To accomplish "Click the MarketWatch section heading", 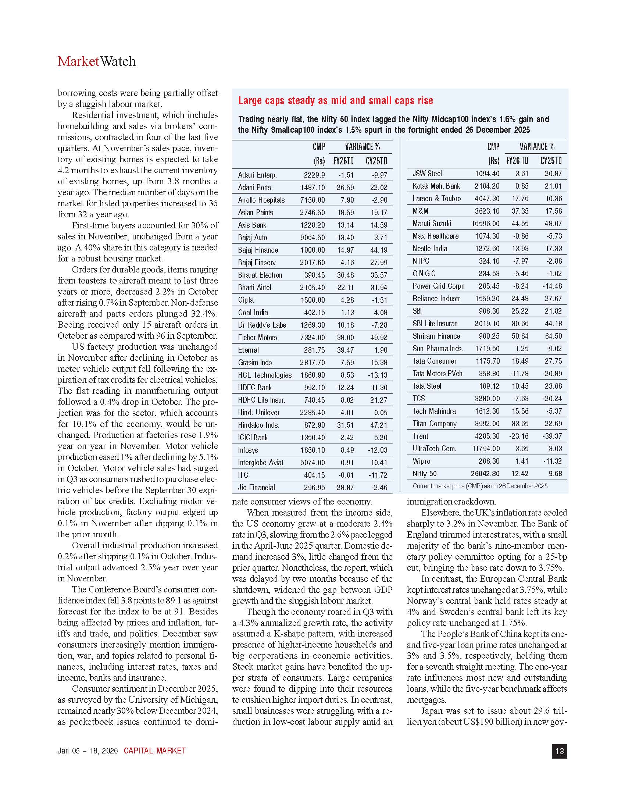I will click(x=97, y=61).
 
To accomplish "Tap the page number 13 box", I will click(x=559, y=751).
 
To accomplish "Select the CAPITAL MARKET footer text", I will click(x=154, y=751).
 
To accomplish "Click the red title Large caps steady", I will click(x=335, y=101).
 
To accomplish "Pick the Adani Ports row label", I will click(x=254, y=188).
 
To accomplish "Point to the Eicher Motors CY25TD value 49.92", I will click(x=378, y=338).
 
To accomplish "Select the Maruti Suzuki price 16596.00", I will click(x=485, y=224).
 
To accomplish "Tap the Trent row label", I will click(x=420, y=436).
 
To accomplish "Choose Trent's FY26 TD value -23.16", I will click(x=518, y=436).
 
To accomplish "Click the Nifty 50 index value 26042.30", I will click(x=485, y=474).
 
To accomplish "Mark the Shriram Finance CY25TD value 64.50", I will click(x=553, y=336).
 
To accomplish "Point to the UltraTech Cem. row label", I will click(x=434, y=449).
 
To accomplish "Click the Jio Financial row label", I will click(x=256, y=488).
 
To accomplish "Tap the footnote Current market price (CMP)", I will click(x=480, y=486).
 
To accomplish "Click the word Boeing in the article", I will click(x=71, y=325).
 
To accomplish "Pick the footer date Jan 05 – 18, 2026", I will click(x=88, y=751).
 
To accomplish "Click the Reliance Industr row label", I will click(x=436, y=299).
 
